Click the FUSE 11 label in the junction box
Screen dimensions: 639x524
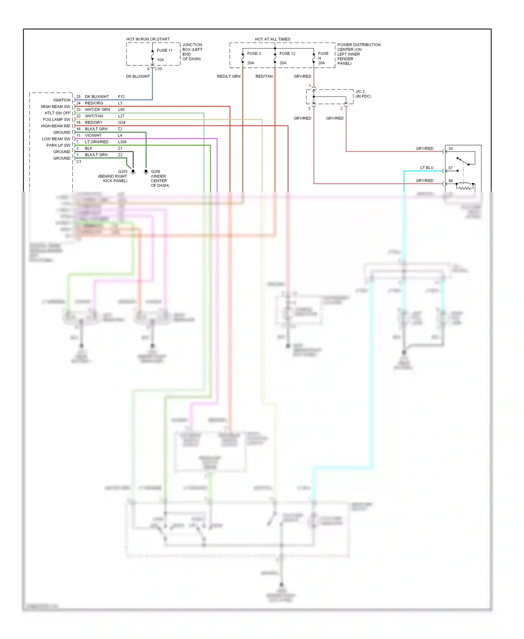[x=165, y=50]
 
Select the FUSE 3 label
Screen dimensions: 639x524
[x=254, y=53]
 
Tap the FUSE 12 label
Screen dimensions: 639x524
[x=287, y=53]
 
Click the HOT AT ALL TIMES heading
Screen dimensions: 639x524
[x=272, y=39]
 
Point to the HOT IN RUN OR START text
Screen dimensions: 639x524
[x=148, y=39]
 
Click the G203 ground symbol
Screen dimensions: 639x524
[x=133, y=172]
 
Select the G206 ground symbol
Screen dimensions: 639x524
[x=146, y=172]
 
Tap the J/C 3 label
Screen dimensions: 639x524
[x=360, y=92]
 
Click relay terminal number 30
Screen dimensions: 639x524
[x=451, y=149]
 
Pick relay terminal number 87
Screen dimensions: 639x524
[x=451, y=168]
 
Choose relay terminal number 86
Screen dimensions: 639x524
[x=451, y=181]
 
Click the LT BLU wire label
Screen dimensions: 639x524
[x=427, y=168]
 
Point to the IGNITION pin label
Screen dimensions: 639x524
[x=62, y=100]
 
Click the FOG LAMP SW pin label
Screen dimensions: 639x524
[x=57, y=120]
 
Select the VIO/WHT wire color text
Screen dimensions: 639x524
[x=93, y=135]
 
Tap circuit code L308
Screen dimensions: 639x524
[x=122, y=142]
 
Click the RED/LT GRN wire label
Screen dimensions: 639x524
[x=228, y=76]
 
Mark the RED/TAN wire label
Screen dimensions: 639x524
[x=264, y=76]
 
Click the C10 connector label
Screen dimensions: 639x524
[x=158, y=69]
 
